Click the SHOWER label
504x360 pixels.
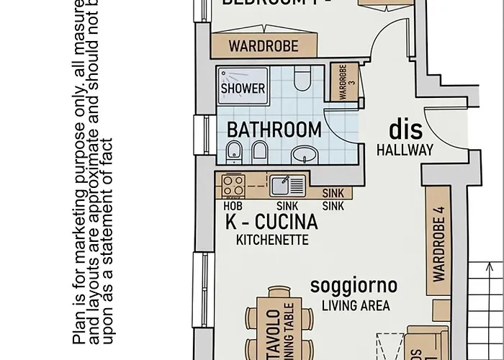243,89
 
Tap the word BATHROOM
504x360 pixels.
274,130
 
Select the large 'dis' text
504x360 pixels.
405,130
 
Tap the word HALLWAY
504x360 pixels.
405,150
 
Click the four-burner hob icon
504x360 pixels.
233,185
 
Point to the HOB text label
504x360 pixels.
232,204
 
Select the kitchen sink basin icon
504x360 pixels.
282,186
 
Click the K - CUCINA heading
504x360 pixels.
271,221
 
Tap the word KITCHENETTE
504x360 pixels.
272,240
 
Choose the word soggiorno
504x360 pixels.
354,285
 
